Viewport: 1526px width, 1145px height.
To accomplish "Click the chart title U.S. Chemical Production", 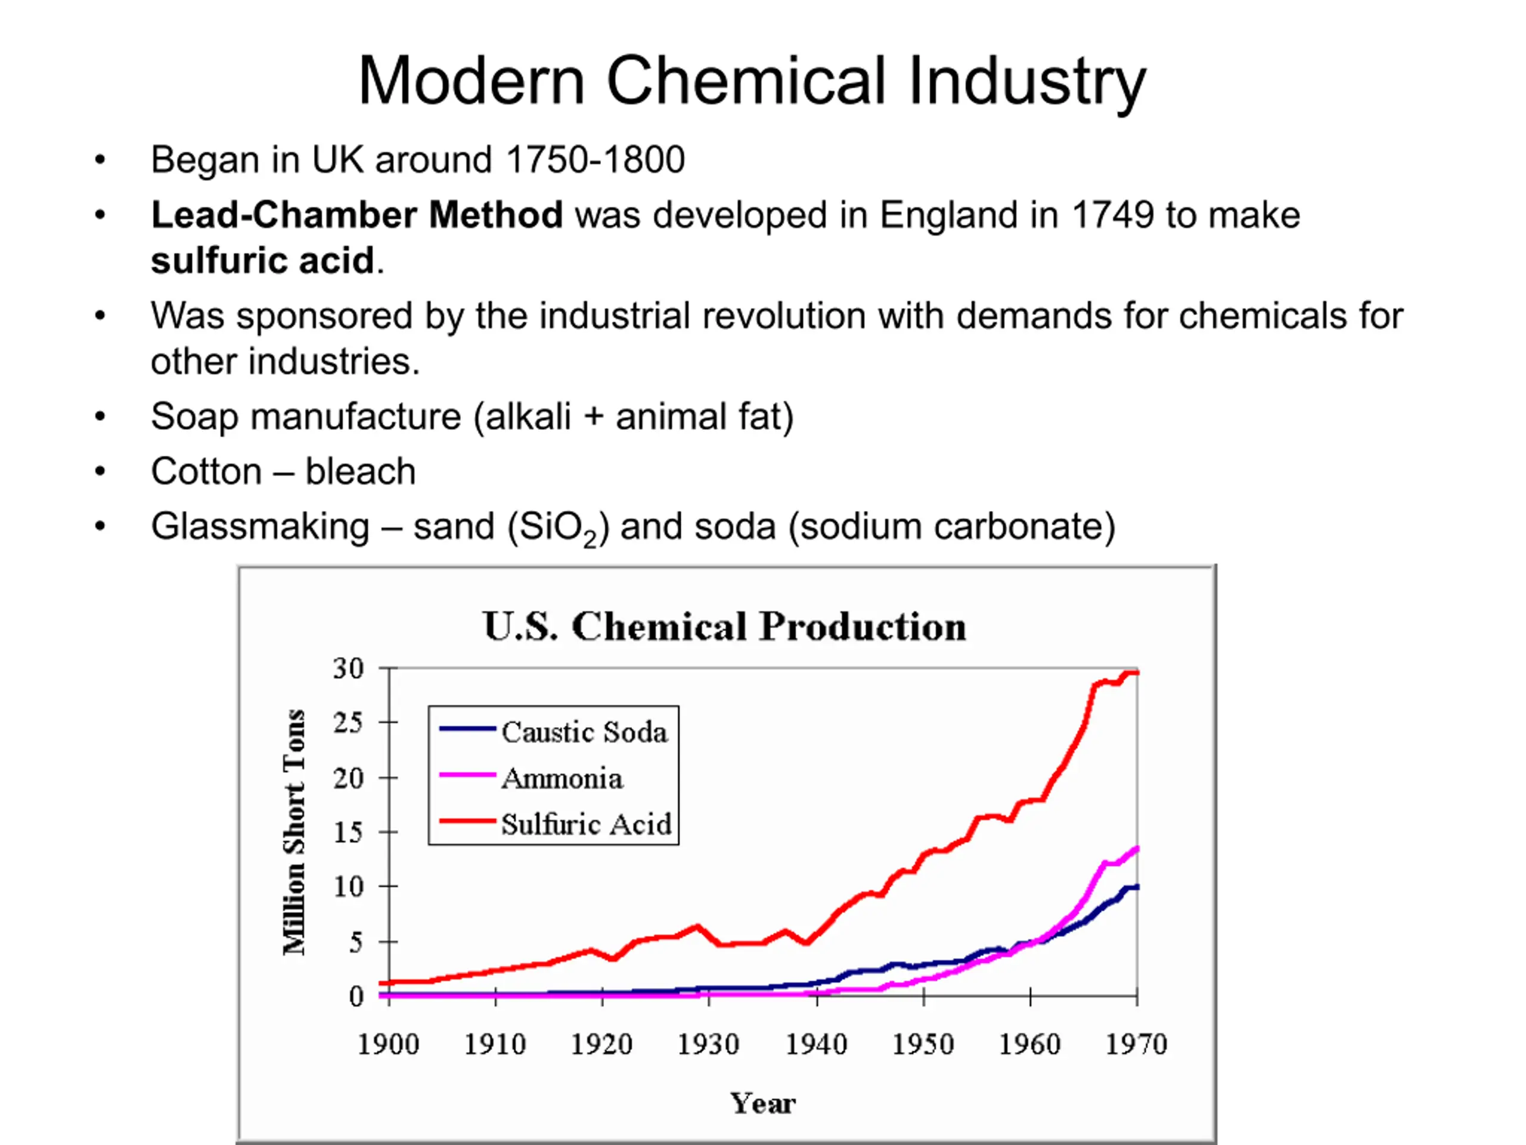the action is pos(725,627).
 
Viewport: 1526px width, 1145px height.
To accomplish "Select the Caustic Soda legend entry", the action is pos(554,732).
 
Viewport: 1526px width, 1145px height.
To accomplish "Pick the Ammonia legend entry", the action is pos(531,778).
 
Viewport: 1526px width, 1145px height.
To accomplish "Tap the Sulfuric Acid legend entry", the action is pos(556,824).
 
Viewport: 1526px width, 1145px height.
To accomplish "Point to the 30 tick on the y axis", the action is pos(348,668).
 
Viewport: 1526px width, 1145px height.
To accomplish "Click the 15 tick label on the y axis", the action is pos(348,833).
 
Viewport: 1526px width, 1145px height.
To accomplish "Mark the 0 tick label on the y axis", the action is pos(356,996).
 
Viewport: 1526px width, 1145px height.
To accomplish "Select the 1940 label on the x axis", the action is pos(816,1044).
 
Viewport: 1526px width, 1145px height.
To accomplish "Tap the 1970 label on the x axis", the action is pos(1136,1044).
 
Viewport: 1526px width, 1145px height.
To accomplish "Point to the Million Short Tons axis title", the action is pos(294,832).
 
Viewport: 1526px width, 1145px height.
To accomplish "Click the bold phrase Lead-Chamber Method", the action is pos(356,215).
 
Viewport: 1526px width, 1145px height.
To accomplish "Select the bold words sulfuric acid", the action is pos(263,261).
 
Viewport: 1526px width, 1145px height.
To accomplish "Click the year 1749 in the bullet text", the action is pos(1112,215).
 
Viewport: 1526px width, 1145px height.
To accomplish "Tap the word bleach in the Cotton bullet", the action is pos(361,471).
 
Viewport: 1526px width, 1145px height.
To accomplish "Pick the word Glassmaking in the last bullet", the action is pos(260,527).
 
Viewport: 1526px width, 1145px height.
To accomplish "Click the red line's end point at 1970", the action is pos(1137,672).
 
